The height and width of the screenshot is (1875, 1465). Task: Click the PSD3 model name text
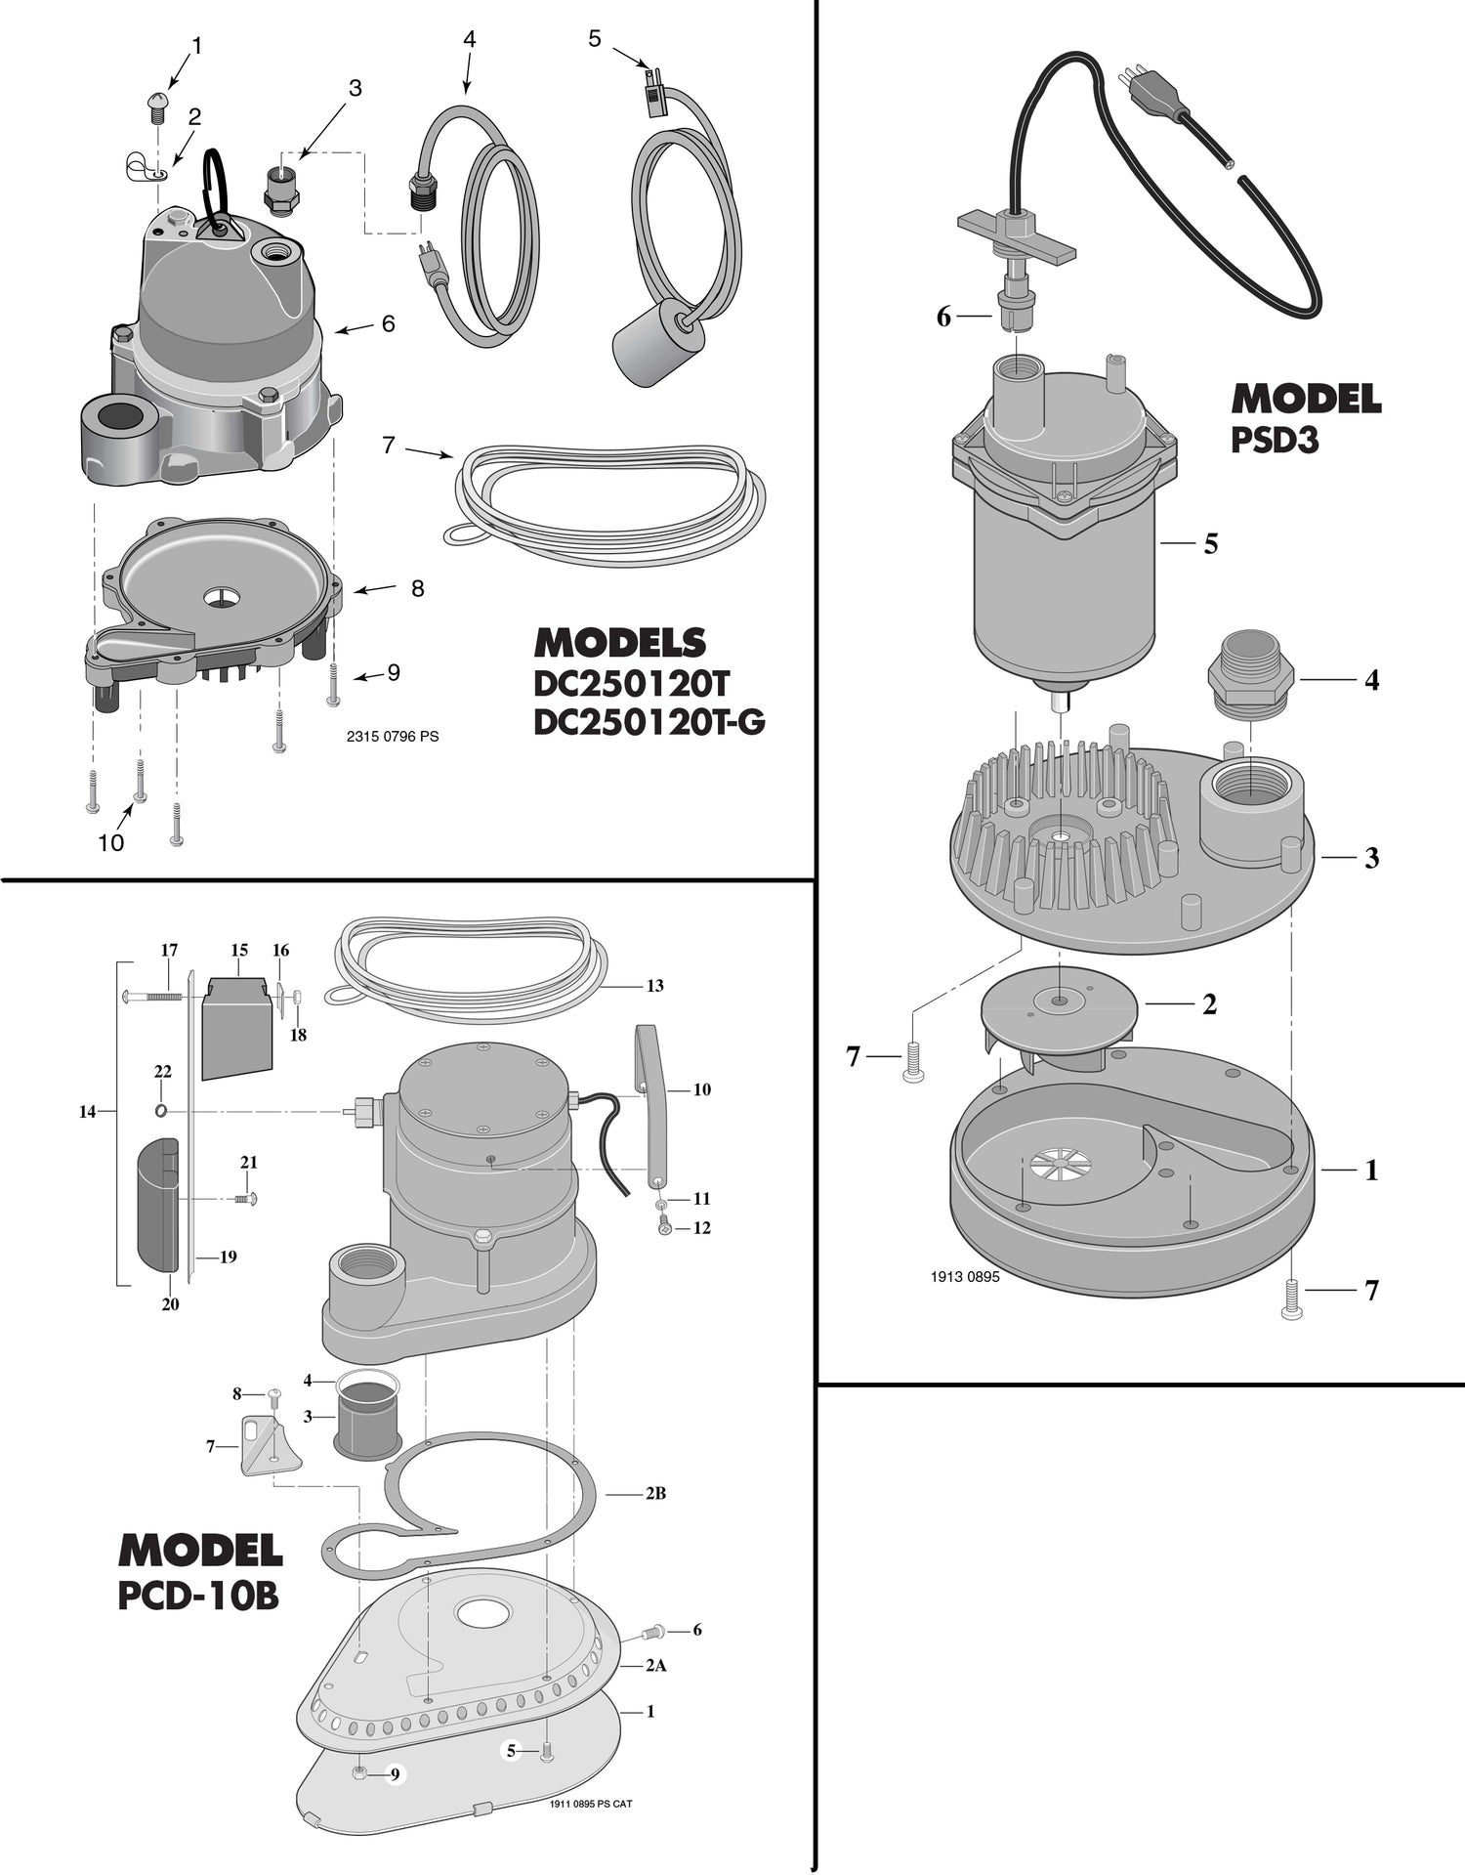click(x=1275, y=441)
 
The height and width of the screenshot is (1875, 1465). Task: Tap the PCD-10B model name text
click(x=198, y=1596)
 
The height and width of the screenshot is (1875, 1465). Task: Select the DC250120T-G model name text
click(x=649, y=722)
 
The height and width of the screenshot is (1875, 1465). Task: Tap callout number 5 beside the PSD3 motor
click(x=1211, y=543)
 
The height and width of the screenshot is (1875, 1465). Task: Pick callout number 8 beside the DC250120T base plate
click(x=418, y=588)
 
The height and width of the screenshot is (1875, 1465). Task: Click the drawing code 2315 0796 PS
click(x=393, y=736)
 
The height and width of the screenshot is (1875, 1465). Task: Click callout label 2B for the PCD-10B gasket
click(x=655, y=1493)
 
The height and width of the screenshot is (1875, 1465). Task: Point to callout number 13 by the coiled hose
click(x=654, y=986)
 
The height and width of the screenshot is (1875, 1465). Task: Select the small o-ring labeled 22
click(x=161, y=1111)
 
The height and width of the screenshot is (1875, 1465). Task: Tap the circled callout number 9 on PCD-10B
click(x=394, y=1774)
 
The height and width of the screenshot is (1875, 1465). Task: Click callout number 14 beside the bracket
click(x=88, y=1111)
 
